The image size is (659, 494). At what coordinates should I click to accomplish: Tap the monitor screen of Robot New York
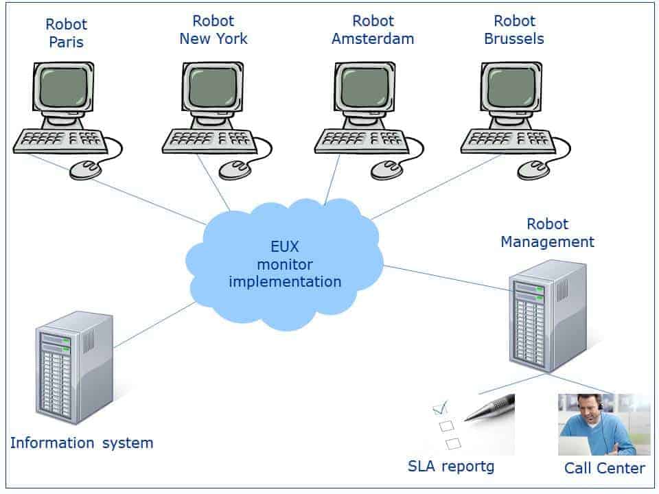click(x=213, y=88)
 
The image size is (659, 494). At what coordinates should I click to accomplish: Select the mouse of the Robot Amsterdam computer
click(x=386, y=169)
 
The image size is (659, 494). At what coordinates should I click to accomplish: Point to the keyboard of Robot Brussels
click(x=507, y=141)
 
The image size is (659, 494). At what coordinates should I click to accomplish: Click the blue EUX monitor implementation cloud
click(x=284, y=264)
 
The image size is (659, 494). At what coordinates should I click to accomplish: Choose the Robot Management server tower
click(x=548, y=316)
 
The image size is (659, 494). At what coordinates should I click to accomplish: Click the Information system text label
click(x=82, y=443)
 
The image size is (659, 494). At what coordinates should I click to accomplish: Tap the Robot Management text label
click(x=547, y=233)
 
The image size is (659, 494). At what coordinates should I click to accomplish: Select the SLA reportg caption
click(x=450, y=467)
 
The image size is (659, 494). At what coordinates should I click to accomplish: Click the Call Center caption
click(x=604, y=468)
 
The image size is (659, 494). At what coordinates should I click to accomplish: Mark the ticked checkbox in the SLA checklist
click(x=441, y=409)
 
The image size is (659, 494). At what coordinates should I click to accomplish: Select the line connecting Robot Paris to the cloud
click(x=117, y=189)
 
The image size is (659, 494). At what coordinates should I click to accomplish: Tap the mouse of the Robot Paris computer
click(x=86, y=169)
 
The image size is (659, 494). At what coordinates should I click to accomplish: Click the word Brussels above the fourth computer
click(x=514, y=39)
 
